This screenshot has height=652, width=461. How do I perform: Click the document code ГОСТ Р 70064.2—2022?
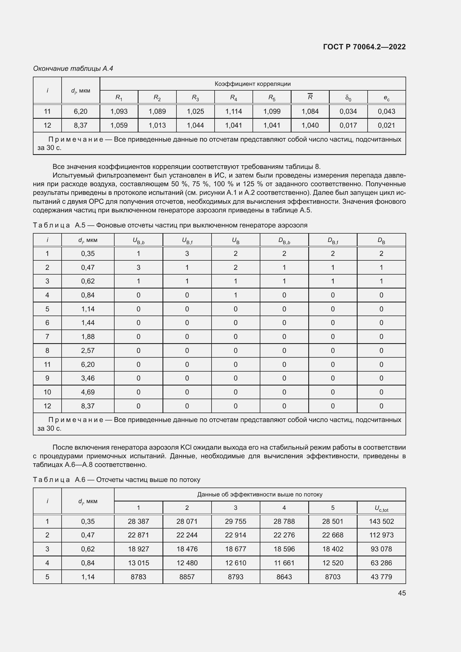[364, 47]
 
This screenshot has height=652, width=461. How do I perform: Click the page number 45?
[402, 593]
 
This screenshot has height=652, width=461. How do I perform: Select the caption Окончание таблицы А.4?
[73, 69]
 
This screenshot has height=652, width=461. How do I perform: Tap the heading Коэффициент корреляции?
[252, 84]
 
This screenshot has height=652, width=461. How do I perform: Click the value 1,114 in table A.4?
[233, 111]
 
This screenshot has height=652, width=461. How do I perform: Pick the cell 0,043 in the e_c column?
[386, 111]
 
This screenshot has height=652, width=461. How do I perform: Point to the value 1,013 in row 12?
[157, 125]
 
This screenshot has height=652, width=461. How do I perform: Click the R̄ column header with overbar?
[310, 97]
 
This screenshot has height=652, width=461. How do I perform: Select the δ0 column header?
[348, 98]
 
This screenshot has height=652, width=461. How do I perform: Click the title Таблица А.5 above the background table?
[170, 225]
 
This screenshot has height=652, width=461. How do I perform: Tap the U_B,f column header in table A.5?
[187, 241]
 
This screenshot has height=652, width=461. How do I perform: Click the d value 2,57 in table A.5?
[88, 350]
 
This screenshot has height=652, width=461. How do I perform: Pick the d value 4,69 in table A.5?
[88, 392]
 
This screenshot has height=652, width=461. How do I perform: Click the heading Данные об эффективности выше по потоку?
[259, 495]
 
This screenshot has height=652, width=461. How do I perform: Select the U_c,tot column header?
[381, 508]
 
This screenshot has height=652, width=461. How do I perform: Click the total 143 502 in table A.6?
[381, 521]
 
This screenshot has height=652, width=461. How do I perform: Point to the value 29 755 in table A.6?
[235, 521]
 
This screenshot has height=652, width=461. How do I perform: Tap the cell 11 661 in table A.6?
[284, 563]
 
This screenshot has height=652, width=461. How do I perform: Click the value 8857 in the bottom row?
[187, 577]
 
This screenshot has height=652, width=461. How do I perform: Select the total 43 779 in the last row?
[381, 577]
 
